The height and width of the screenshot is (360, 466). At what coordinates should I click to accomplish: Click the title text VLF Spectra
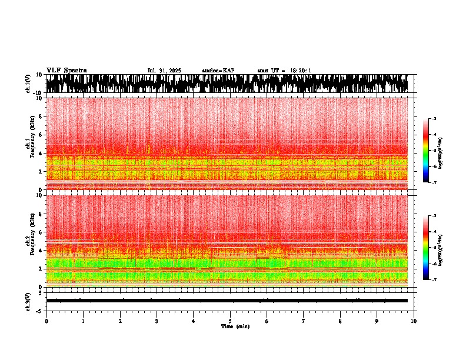pyautogui.click(x=66, y=71)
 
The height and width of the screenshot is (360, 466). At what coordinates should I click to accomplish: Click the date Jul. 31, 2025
pyautogui.click(x=164, y=71)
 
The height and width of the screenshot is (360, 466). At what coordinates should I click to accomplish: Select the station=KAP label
pyautogui.click(x=218, y=71)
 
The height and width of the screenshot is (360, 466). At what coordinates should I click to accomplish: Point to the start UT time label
pyautogui.click(x=284, y=71)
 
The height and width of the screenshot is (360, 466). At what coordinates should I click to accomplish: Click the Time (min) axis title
pyautogui.click(x=235, y=326)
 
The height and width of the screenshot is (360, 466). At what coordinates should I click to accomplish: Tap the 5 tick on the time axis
pyautogui.click(x=230, y=321)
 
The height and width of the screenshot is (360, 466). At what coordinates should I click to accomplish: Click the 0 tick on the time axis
pyautogui.click(x=46, y=321)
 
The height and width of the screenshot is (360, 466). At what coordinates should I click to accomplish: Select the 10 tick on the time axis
pyautogui.click(x=414, y=321)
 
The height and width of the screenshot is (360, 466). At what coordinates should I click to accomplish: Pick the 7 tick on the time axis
pyautogui.click(x=304, y=321)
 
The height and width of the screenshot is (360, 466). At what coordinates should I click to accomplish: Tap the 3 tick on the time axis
pyautogui.click(x=157, y=321)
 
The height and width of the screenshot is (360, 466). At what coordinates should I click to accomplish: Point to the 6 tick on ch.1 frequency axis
pyautogui.click(x=40, y=135)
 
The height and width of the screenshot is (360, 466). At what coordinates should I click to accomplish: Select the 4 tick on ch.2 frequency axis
pyautogui.click(x=40, y=251)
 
